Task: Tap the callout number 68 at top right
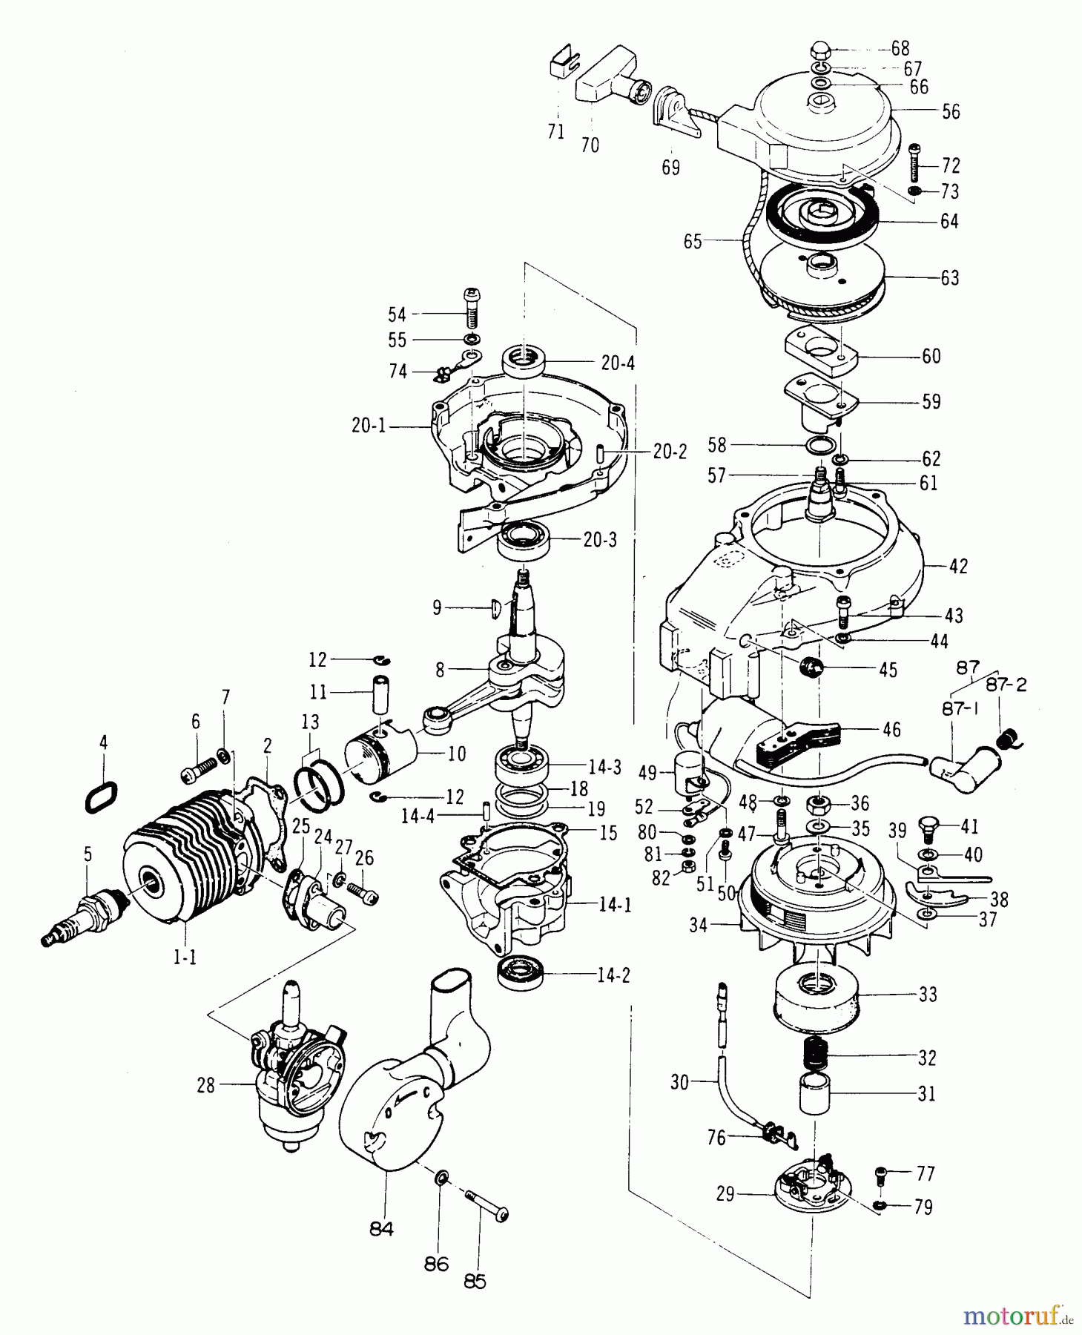[900, 49]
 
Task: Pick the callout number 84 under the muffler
[381, 1230]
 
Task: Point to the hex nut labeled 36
[819, 802]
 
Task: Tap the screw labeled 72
[915, 162]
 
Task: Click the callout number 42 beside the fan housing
[958, 566]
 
